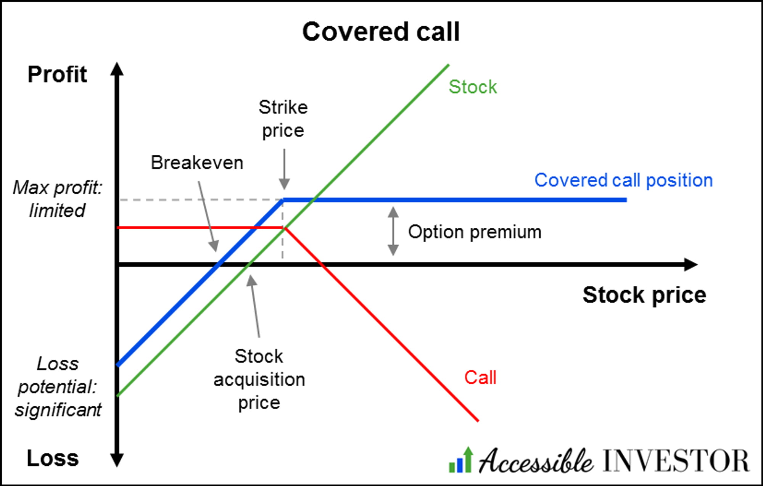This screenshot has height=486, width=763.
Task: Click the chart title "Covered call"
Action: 381,32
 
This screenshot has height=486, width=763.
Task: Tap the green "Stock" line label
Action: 473,87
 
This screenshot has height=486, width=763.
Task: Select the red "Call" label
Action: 480,378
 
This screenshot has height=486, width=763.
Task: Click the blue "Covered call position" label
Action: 623,180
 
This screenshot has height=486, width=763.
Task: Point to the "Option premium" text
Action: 475,232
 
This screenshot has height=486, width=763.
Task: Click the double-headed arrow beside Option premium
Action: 393,231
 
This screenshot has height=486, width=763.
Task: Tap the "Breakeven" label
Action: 197,163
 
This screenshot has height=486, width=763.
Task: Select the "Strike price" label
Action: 283,119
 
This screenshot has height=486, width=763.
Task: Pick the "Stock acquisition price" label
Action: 259,380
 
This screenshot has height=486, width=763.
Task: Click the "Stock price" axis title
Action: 644,295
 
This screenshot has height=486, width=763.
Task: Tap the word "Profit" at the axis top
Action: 57,74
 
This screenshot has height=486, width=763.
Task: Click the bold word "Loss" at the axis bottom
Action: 53,458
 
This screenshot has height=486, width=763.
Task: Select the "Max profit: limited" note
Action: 57,199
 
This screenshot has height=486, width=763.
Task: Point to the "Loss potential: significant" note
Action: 58,387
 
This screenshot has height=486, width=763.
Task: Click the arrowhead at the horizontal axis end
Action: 691,264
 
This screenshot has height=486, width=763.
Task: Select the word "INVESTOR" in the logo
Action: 676,461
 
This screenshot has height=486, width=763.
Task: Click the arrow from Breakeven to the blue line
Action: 208,217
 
